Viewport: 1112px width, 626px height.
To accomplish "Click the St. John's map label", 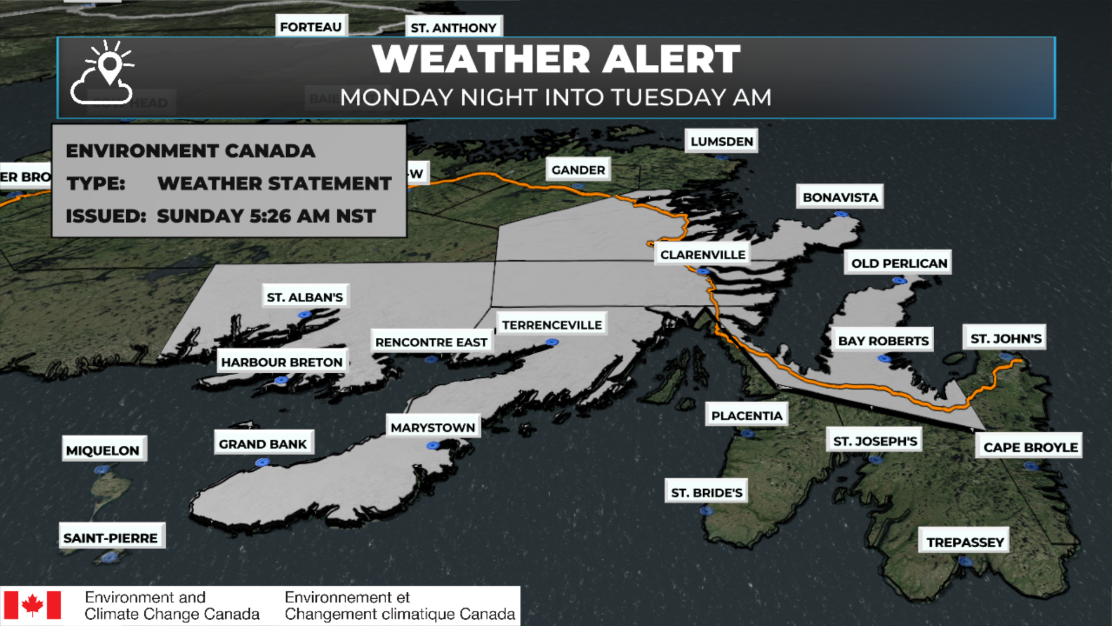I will pyautogui.click(x=1005, y=339).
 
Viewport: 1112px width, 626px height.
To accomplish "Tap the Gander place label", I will pyautogui.click(x=578, y=170).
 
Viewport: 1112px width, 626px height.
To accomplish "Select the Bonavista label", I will pyautogui.click(x=840, y=197).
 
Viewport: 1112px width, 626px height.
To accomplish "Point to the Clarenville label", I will pyautogui.click(x=703, y=254).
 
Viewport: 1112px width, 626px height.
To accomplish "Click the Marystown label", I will pyautogui.click(x=433, y=427).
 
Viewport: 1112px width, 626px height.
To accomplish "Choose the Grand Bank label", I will pyautogui.click(x=263, y=444).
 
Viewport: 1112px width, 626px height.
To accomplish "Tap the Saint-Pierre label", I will pyautogui.click(x=111, y=538).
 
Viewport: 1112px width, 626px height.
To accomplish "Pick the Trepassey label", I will pyautogui.click(x=965, y=542).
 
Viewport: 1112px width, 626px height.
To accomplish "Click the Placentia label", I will pyautogui.click(x=747, y=416).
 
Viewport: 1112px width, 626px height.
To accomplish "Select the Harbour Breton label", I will pyautogui.click(x=281, y=362).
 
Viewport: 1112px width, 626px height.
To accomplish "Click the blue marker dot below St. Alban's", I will pyautogui.click(x=305, y=315).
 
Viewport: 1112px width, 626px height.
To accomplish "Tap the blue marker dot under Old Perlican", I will pyautogui.click(x=899, y=281).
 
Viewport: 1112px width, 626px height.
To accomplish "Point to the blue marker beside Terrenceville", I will pyautogui.click(x=552, y=343).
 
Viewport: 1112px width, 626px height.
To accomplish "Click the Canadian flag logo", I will pyautogui.click(x=32, y=605).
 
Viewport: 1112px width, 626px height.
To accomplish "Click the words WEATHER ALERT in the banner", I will pyautogui.click(x=556, y=59).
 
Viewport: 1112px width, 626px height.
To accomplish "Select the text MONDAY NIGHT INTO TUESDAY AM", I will pyautogui.click(x=556, y=97).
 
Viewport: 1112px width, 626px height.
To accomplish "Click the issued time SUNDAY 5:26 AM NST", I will pyautogui.click(x=266, y=216).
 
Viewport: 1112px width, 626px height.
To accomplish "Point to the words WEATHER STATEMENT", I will pyautogui.click(x=275, y=183).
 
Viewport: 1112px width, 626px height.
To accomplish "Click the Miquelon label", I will pyautogui.click(x=103, y=450).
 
